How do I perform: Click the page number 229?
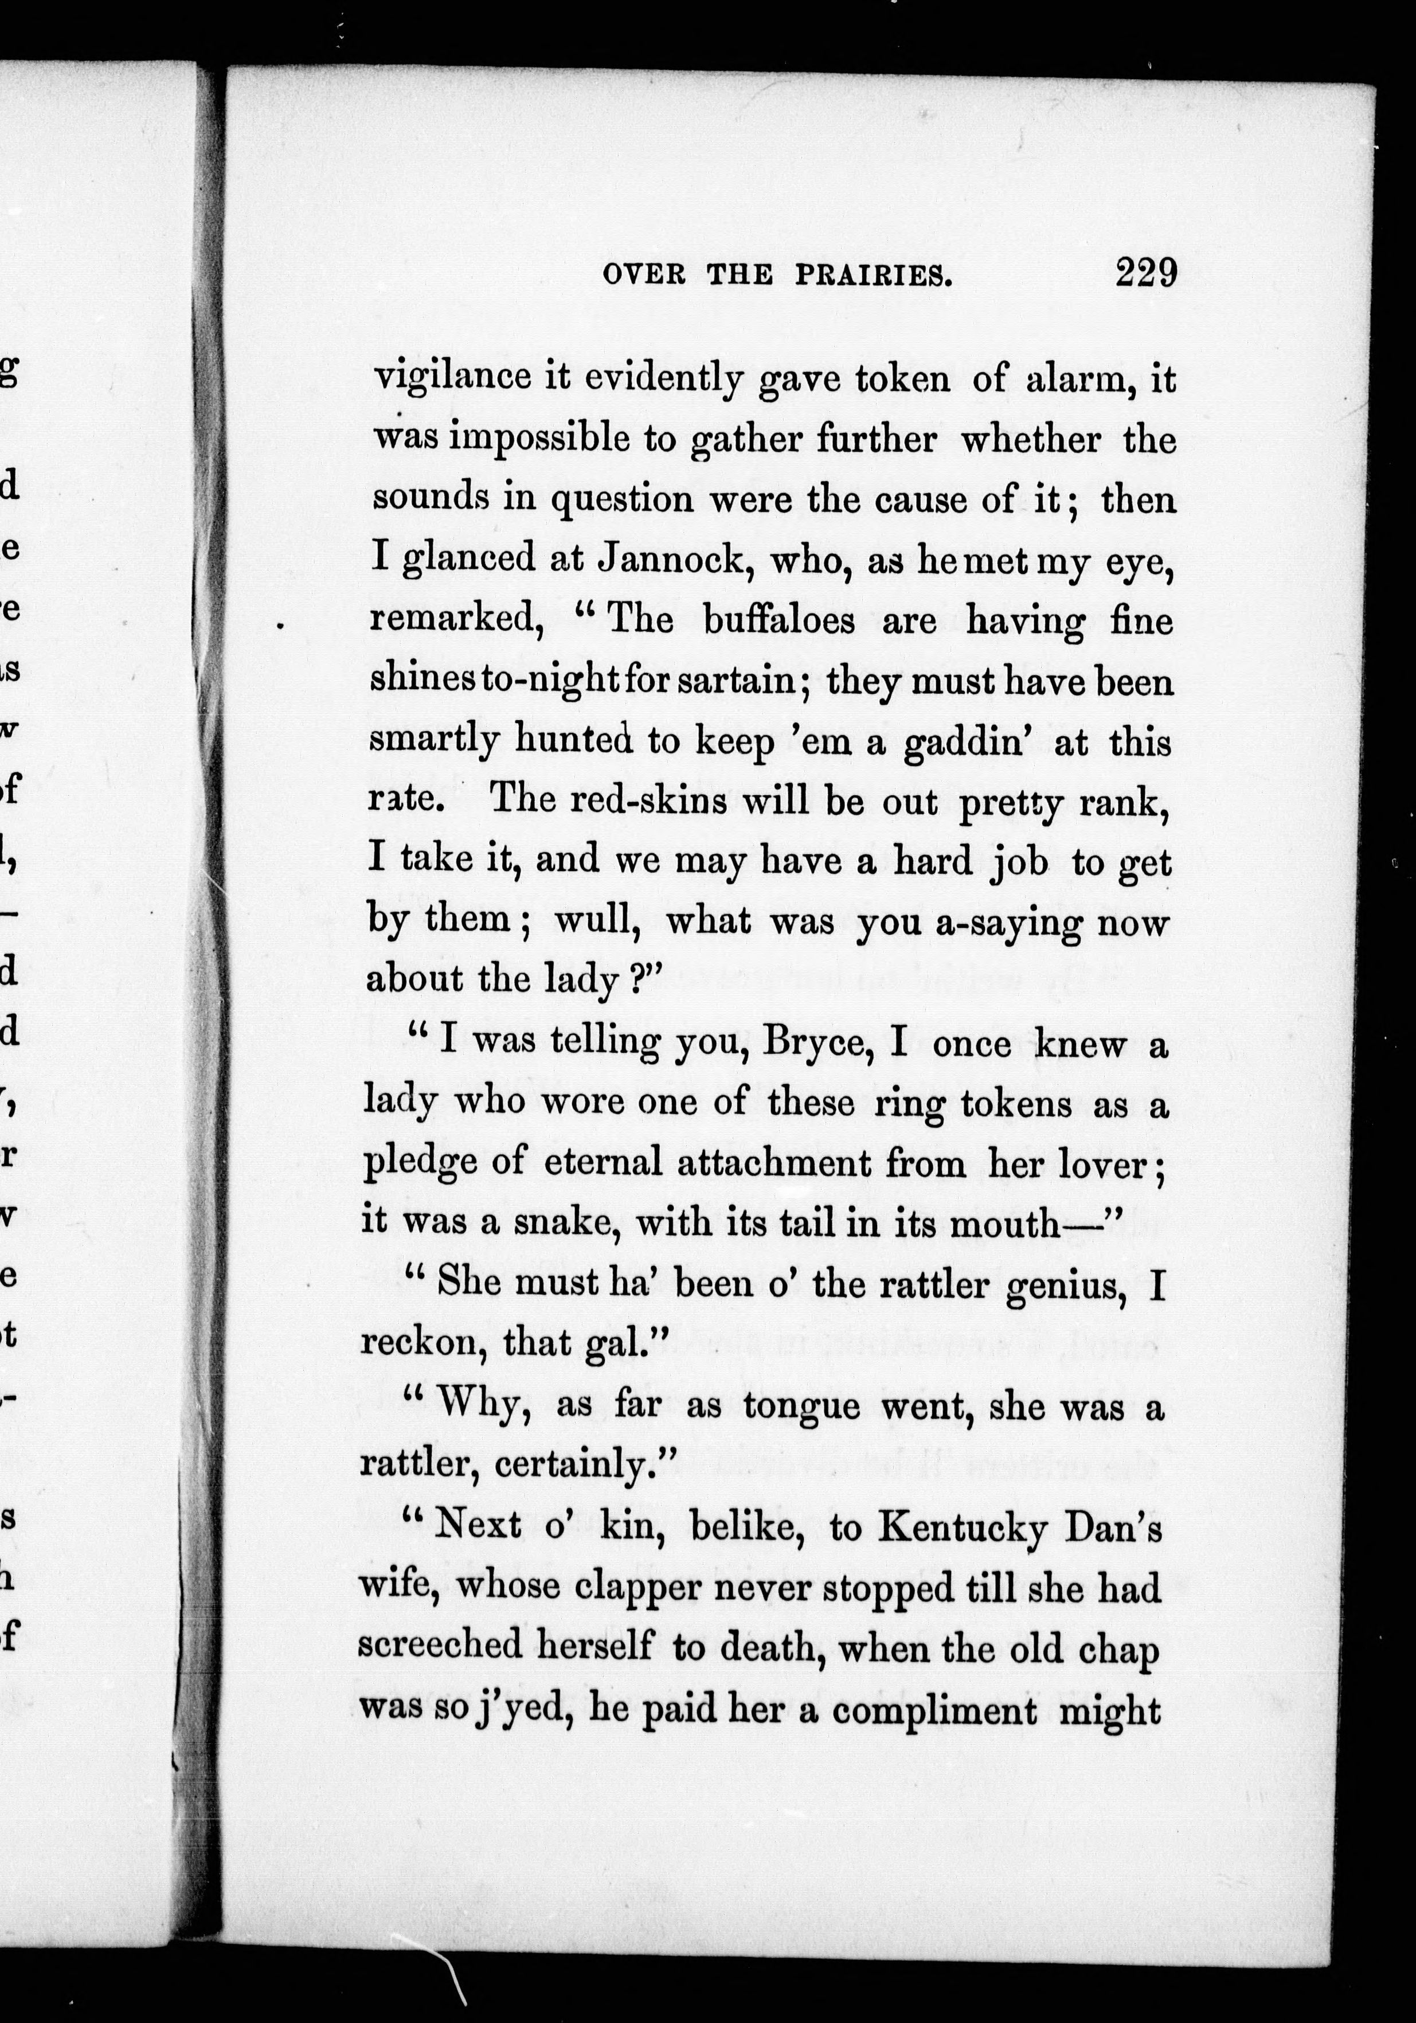1145,272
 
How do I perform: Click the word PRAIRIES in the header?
875,276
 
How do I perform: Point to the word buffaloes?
779,620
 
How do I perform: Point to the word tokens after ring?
1016,1103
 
